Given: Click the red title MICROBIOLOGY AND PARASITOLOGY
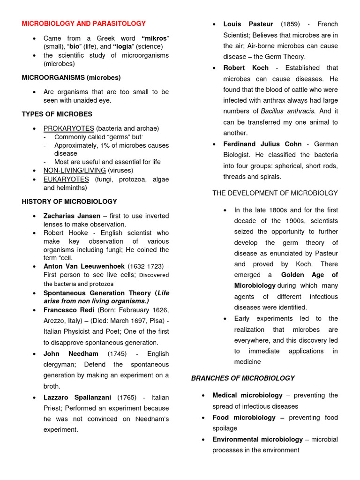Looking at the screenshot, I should (x=84, y=23).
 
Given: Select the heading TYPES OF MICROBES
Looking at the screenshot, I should (x=57, y=114).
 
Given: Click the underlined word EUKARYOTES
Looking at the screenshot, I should (x=66, y=179).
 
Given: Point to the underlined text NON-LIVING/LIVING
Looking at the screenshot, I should (x=75, y=170).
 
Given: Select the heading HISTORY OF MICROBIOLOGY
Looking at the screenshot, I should (x=69, y=202).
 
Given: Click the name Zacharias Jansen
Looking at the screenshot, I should (x=72, y=216).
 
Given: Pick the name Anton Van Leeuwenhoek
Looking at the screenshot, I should (x=84, y=266).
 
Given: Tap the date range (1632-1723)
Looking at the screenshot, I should (x=148, y=266).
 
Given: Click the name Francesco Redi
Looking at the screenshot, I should (x=69, y=310).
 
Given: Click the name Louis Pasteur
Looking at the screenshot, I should (x=248, y=24).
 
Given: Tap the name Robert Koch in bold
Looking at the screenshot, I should (x=246, y=68).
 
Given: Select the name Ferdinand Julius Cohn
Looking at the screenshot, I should (x=262, y=144).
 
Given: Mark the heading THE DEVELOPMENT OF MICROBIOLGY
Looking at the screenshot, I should (x=275, y=193).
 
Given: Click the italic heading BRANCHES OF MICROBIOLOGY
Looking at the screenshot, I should (x=243, y=378).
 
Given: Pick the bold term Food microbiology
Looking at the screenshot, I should (x=244, y=418).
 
